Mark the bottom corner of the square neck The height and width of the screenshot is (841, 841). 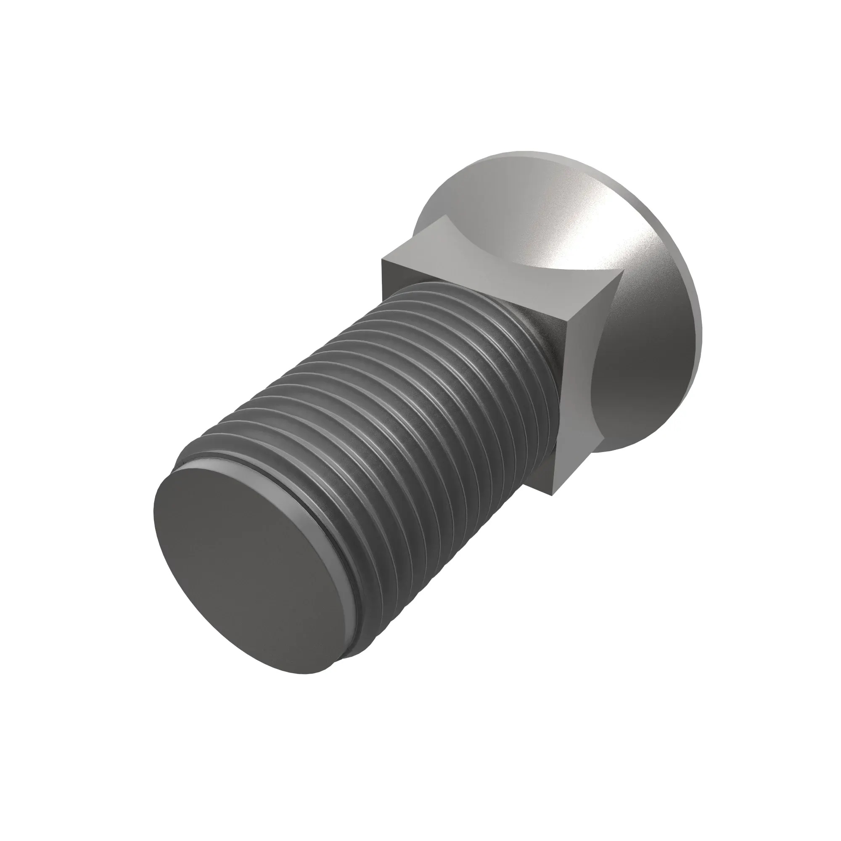pyautogui.click(x=554, y=495)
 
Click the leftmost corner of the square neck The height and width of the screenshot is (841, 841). pyautogui.click(x=382, y=260)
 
